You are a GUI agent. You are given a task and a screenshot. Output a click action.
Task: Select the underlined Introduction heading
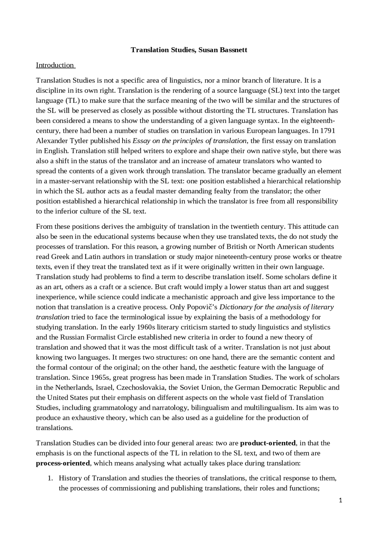55,65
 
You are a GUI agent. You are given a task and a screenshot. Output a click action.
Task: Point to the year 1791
328,131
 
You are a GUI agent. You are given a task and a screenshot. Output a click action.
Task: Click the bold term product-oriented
268,443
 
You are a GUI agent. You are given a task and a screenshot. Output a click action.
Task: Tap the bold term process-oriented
63,463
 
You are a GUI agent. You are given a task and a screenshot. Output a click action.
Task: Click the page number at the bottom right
340,500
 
